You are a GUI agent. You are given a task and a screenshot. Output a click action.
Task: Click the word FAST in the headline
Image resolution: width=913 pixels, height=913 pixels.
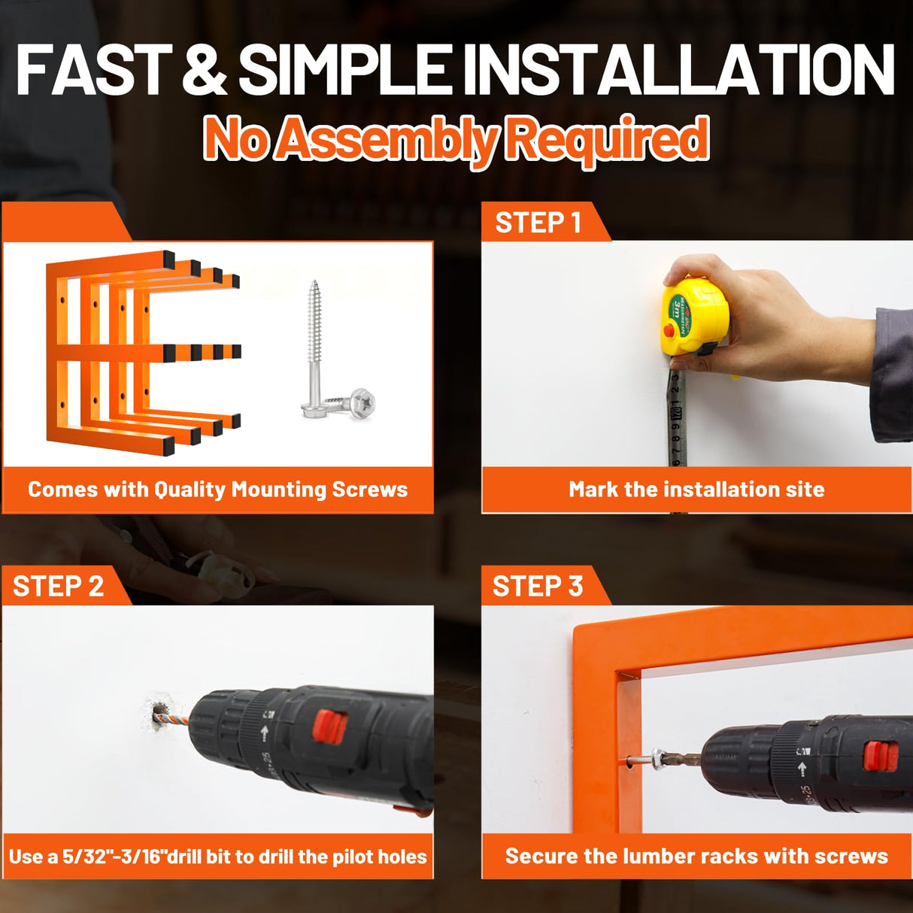click(x=94, y=70)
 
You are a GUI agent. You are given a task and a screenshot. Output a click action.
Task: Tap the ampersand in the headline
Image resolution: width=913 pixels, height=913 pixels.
click(x=205, y=70)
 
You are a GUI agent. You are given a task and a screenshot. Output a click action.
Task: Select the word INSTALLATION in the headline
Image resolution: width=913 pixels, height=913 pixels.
click(x=679, y=70)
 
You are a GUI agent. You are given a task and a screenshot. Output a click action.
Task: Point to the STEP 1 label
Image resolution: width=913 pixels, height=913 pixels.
click(x=538, y=222)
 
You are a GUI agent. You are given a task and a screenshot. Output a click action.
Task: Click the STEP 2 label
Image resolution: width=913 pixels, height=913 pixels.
click(x=58, y=586)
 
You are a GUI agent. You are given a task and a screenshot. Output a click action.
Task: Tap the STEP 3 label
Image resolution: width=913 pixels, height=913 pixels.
click(x=538, y=586)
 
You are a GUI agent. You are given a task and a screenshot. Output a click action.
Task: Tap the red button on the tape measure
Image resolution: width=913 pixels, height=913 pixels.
click(x=669, y=329)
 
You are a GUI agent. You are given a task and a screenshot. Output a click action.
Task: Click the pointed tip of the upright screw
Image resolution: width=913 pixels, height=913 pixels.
click(x=313, y=282)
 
